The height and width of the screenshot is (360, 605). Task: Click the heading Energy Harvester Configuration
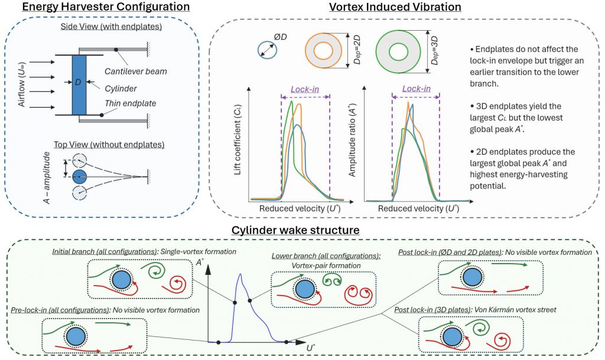97,8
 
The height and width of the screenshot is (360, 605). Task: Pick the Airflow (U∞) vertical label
23,83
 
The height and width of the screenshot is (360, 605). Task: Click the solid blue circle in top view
79,177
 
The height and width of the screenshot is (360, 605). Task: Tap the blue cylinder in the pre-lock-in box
75,337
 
